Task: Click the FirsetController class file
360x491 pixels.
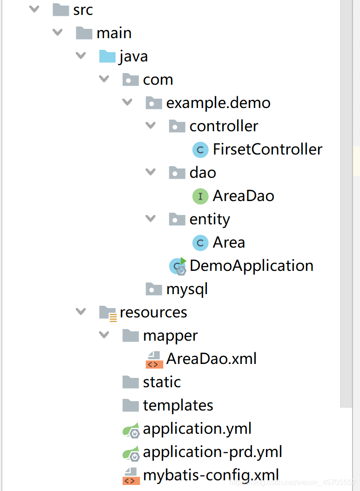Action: click(x=267, y=149)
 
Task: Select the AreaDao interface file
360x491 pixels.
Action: click(x=243, y=196)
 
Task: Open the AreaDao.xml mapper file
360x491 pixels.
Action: click(x=211, y=359)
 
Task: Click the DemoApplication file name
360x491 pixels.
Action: click(x=251, y=266)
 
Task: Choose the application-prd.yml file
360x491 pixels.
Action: click(x=212, y=452)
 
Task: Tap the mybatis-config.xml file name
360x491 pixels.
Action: click(x=211, y=475)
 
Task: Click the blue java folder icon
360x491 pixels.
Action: click(x=107, y=56)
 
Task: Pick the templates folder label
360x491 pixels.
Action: click(x=178, y=405)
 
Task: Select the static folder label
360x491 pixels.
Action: click(x=161, y=382)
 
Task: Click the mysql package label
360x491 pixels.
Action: click(x=187, y=289)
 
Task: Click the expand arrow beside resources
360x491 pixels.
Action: click(x=81, y=311)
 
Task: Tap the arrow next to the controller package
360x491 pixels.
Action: click(x=151, y=125)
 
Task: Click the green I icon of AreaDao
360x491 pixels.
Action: click(x=200, y=196)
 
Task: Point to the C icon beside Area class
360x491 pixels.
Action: click(x=200, y=243)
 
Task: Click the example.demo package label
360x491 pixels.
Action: click(x=218, y=103)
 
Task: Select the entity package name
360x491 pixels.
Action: click(x=209, y=219)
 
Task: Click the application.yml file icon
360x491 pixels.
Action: click(x=131, y=430)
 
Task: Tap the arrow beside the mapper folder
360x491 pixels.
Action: click(x=104, y=335)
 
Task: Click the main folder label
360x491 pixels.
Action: click(x=114, y=33)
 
